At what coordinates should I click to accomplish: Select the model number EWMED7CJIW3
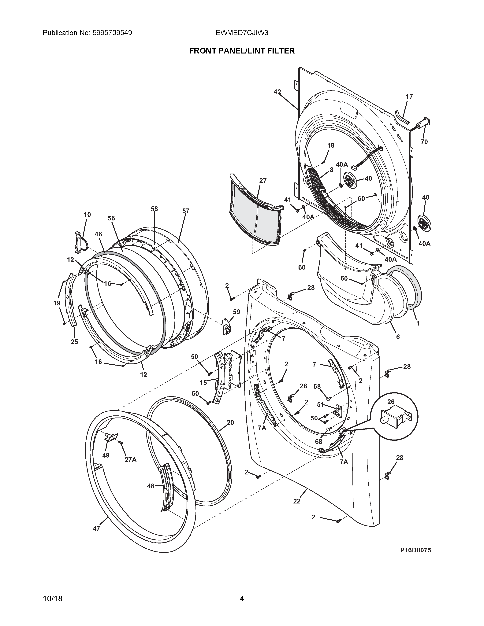point(242,33)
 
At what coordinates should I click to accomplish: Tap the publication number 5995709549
point(112,33)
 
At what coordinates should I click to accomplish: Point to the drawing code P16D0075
point(416,550)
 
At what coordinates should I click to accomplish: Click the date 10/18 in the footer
point(52,598)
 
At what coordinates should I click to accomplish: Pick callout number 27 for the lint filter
point(263,181)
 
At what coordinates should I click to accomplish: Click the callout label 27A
point(130,460)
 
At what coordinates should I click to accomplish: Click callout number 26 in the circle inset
point(391,402)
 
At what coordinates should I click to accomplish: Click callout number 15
point(203,383)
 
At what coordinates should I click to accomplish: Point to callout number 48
point(151,486)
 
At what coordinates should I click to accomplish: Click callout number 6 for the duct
point(398,337)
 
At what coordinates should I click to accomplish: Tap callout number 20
point(230,422)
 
